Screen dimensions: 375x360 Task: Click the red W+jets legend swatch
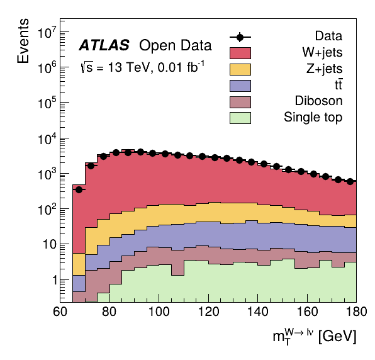tap(240, 53)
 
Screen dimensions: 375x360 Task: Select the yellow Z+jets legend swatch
tap(240, 69)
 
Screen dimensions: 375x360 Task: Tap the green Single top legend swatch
tap(240, 118)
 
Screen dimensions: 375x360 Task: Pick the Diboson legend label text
tap(318, 101)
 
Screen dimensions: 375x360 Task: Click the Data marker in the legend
tap(240, 37)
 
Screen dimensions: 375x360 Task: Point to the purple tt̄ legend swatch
tap(240, 86)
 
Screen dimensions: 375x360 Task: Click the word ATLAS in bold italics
tap(104, 45)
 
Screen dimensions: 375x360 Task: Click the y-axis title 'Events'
tap(23, 41)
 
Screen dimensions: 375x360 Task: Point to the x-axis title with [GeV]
tap(315, 336)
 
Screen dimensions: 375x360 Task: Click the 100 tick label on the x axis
tap(159, 312)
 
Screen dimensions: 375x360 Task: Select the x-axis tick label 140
tap(258, 312)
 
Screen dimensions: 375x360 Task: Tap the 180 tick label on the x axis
tap(356, 312)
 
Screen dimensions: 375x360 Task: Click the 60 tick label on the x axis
tap(60, 312)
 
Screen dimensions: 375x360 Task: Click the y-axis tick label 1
tap(55, 280)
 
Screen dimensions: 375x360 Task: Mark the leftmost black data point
tap(79, 189)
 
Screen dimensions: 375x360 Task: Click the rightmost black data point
tap(350, 181)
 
